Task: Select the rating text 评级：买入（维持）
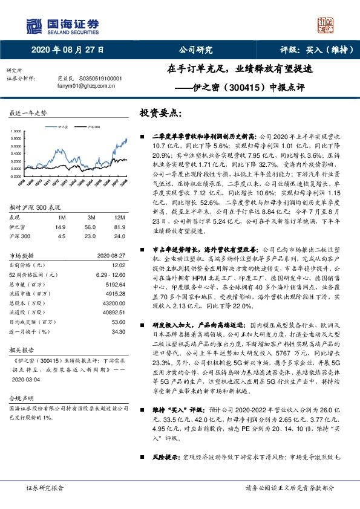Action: [x=312, y=50]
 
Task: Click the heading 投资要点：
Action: [x=160, y=113]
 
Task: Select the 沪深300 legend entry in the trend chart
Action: [x=90, y=127]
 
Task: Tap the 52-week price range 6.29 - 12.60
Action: [x=107, y=275]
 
